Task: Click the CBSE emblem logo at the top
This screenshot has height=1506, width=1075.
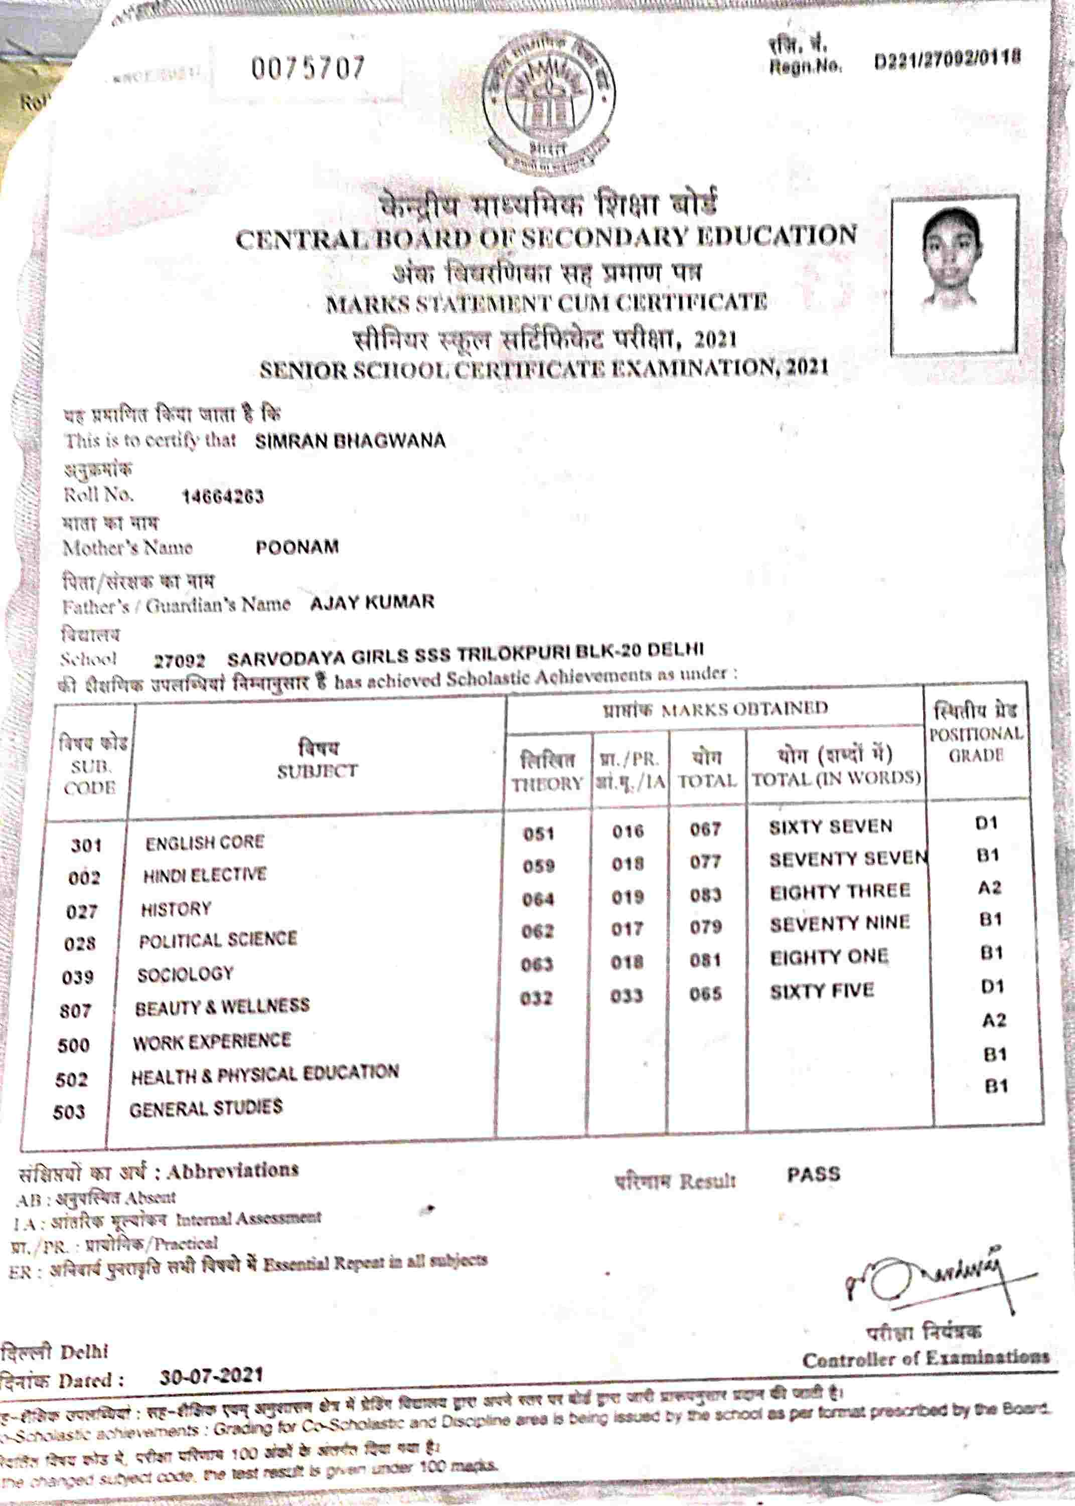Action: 548,104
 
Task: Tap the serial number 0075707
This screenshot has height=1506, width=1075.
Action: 308,68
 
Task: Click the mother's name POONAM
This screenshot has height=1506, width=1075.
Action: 297,547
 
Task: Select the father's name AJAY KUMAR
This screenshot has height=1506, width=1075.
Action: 372,602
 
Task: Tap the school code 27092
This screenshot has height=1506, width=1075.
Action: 180,660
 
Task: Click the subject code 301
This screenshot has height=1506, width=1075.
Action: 86,845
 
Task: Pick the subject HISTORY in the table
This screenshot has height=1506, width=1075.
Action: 176,909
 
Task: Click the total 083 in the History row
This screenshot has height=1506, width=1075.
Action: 705,895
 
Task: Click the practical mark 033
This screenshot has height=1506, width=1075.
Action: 626,996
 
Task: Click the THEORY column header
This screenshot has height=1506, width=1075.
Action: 547,783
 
